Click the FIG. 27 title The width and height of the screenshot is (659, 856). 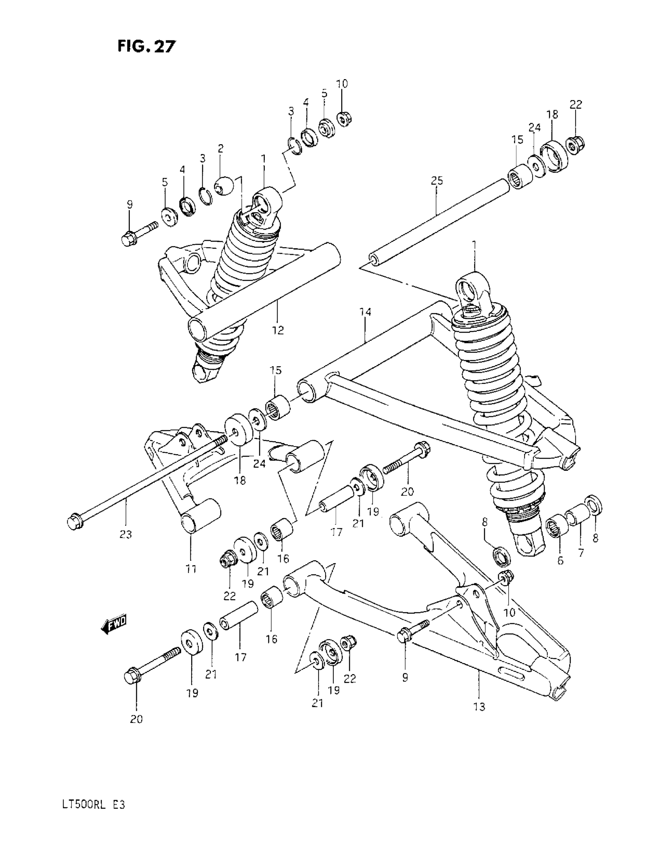coord(146,46)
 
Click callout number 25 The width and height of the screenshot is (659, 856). coord(436,181)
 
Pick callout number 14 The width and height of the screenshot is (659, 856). coord(365,312)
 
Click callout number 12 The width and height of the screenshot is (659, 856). coord(278,330)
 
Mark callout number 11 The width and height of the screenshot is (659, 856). coord(191,569)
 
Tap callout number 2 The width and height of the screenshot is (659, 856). coord(221,149)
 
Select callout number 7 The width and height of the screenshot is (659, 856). coord(581,553)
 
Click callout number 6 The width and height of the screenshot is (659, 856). coord(560,561)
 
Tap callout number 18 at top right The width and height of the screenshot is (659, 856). coord(552,115)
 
